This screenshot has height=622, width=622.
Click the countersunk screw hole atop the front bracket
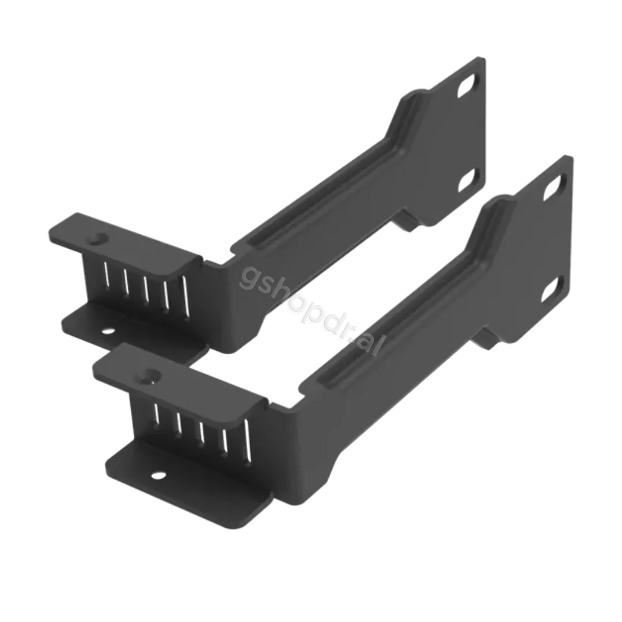(x=152, y=374)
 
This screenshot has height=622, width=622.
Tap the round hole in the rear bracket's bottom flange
(x=107, y=331)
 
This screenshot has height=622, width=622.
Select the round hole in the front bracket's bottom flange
(x=157, y=475)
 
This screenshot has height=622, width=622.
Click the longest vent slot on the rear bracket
(x=185, y=297)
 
